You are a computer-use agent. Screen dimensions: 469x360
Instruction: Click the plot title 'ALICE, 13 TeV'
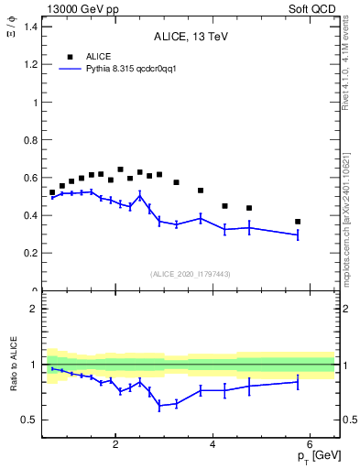(x=191, y=38)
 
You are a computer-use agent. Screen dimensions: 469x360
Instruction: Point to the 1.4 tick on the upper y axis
(x=31, y=27)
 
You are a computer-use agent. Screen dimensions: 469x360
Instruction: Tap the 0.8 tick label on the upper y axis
(x=31, y=140)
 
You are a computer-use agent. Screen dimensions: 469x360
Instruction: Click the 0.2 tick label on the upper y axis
(x=31, y=253)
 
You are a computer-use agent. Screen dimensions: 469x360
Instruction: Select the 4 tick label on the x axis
(x=213, y=445)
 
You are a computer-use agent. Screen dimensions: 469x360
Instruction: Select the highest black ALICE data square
(x=120, y=169)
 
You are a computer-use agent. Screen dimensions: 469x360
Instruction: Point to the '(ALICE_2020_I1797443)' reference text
(x=190, y=273)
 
